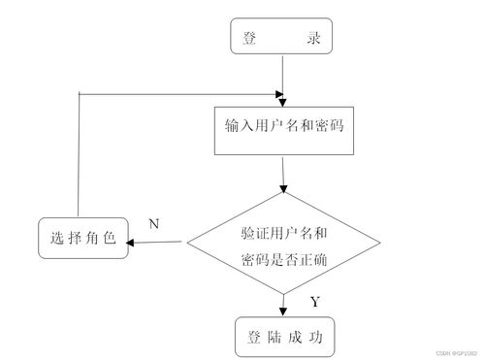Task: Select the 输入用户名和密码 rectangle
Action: pos(281,127)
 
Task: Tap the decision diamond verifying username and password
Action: pos(283,245)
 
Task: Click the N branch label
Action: pos(153,224)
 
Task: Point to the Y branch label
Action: pos(315,302)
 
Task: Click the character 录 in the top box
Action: pos(312,38)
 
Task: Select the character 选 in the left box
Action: pos(54,239)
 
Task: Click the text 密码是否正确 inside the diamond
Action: pos(283,259)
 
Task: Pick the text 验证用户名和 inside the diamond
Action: pos(283,234)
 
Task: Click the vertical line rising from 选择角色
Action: pos(76,155)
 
